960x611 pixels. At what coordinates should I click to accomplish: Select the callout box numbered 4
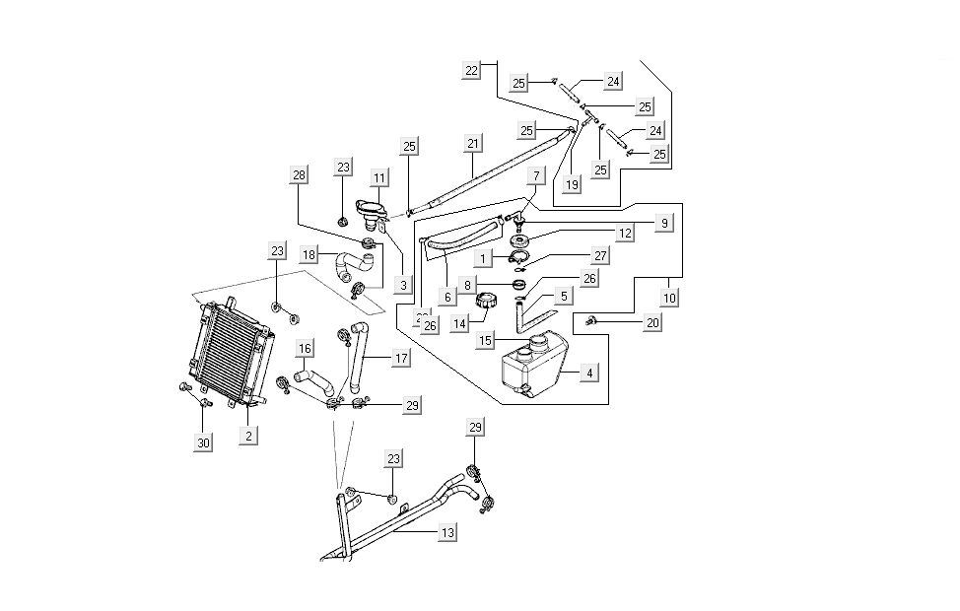588,373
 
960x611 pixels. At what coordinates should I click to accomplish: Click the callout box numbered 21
473,144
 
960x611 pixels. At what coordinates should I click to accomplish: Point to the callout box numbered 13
447,532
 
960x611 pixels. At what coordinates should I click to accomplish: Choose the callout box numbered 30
203,443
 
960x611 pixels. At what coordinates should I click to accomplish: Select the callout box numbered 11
379,178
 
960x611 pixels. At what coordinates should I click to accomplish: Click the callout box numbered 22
472,70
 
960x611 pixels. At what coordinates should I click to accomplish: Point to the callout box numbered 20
652,322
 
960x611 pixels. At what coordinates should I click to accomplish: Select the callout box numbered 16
305,348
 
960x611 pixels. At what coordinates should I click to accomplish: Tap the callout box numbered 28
299,175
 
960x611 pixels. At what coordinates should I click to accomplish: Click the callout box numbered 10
668,297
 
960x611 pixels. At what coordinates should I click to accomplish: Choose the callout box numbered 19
572,183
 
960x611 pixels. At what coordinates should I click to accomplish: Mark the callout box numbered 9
664,224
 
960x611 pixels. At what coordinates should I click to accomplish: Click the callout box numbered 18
309,254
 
